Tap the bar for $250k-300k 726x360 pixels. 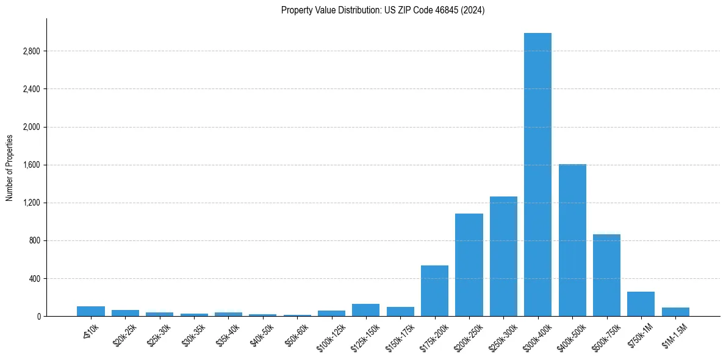click(503, 256)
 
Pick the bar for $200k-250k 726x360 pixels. click(469, 265)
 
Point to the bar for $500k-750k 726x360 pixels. click(606, 275)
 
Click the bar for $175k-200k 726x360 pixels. click(434, 291)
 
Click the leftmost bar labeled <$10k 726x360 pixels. click(90, 311)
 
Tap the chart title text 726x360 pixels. click(383, 10)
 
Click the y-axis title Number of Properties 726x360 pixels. click(10, 168)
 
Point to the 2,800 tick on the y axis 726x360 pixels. click(31, 51)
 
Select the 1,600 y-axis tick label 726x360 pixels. click(31, 165)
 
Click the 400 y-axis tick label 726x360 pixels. click(34, 279)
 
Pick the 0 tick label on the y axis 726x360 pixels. click(38, 317)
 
